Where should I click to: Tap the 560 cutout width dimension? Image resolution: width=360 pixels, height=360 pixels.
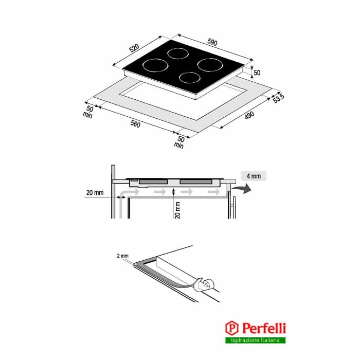(135, 124)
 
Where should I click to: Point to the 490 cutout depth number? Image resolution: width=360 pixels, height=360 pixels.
(249, 116)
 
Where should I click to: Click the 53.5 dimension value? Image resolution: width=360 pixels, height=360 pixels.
(279, 97)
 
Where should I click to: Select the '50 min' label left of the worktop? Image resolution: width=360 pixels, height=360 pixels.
(88, 112)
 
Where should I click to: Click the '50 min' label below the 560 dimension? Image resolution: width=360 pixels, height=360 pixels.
(179, 142)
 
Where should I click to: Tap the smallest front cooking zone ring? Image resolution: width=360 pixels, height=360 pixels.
(189, 78)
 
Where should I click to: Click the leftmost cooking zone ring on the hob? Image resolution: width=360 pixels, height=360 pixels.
(155, 66)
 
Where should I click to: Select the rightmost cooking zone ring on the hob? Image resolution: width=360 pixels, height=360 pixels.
(210, 65)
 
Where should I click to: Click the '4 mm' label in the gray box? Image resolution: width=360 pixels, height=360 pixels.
(254, 176)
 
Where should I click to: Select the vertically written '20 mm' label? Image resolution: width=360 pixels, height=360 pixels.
(177, 210)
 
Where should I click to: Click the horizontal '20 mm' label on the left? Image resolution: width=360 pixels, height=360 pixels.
(96, 193)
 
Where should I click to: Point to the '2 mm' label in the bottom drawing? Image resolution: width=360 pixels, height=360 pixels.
(122, 255)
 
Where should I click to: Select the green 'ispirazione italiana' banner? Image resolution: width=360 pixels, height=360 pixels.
(256, 340)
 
